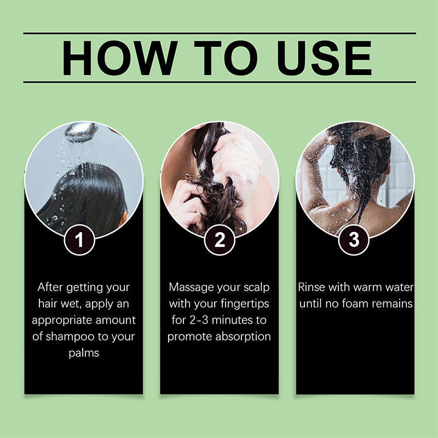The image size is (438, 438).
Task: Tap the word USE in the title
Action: click(325, 58)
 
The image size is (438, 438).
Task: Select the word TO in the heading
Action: click(226, 58)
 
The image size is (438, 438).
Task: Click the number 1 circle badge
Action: click(79, 240)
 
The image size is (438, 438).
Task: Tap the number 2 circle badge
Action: click(220, 240)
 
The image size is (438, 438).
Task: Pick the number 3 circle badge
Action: click(354, 240)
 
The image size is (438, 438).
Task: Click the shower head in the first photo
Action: click(81, 132)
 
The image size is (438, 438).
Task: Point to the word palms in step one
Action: click(84, 353)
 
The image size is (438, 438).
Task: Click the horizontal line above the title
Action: click(220, 33)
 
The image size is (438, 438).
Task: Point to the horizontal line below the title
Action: click(220, 83)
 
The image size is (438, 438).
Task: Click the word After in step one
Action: click(50, 287)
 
